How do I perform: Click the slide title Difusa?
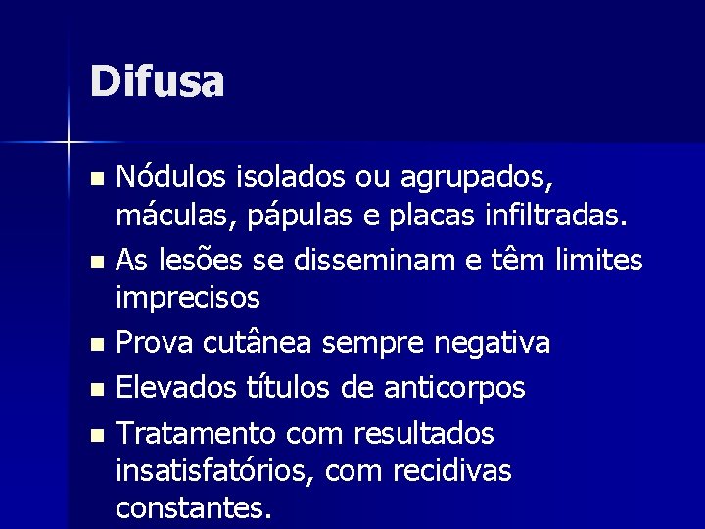click(157, 81)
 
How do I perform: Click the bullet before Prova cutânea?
click(94, 345)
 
